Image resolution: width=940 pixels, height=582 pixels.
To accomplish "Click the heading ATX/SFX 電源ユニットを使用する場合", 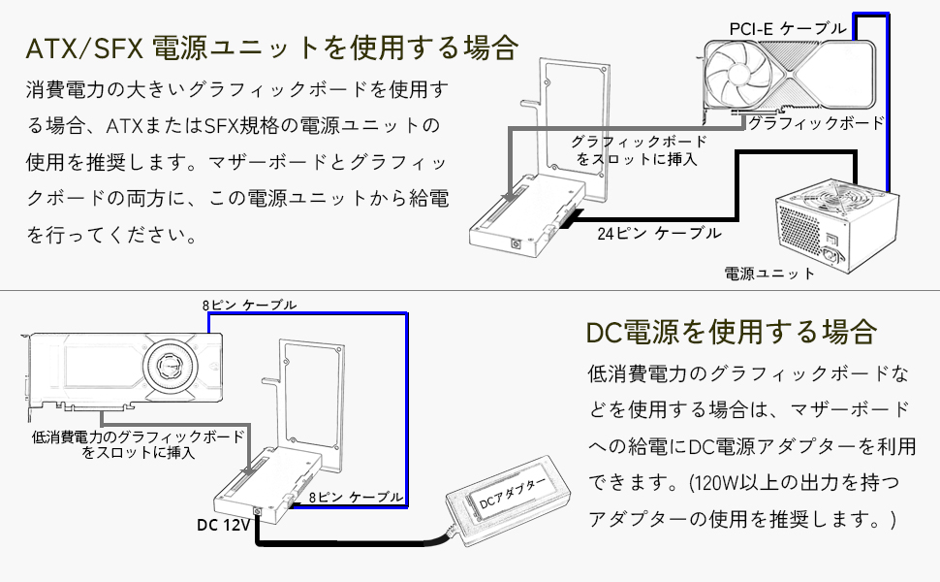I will [x=272, y=48].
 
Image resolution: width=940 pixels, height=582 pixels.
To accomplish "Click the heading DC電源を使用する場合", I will [x=732, y=332].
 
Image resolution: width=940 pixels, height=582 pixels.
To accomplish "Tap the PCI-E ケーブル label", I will [x=787, y=29].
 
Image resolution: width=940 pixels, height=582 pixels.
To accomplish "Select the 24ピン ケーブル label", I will [x=659, y=233].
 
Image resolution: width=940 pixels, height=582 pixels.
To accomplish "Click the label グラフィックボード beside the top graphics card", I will [x=816, y=123].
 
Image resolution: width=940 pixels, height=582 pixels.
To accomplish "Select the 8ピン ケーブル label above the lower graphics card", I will [x=249, y=305].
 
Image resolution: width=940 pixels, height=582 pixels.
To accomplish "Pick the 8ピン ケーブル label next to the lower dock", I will [x=355, y=497].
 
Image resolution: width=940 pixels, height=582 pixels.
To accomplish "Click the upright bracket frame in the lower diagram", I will [x=310, y=388].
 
